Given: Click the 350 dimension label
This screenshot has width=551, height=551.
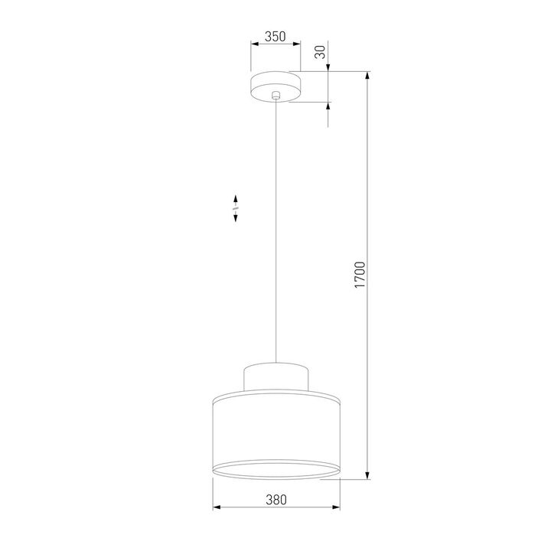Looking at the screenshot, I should point(275,36).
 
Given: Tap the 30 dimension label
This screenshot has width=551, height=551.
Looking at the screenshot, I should point(321,52).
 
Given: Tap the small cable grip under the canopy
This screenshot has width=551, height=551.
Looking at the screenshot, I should point(276,96).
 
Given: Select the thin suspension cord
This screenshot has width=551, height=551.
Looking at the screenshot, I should point(276,230).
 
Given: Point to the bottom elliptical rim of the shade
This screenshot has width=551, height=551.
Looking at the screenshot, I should point(275,469).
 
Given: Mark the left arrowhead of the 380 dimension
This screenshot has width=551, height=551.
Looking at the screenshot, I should point(215,507).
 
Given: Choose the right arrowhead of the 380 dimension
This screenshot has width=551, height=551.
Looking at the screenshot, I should point(336,507).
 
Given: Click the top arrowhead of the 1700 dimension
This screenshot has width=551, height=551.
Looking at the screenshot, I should point(370,77).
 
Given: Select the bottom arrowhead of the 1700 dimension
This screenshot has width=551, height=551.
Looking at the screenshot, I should point(370,476).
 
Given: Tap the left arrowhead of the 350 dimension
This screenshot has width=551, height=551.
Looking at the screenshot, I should point(254,44).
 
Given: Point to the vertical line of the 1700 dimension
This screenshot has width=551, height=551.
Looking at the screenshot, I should point(370,191).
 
